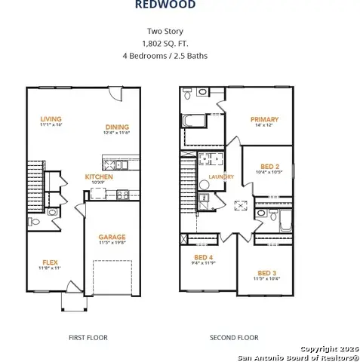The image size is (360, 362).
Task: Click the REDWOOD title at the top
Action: pos(165,5)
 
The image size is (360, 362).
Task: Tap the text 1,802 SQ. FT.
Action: pos(165,44)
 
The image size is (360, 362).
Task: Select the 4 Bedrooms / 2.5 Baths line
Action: pos(165,56)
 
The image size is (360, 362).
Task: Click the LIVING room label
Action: pos(51,119)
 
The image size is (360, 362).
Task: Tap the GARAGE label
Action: pos(112,238)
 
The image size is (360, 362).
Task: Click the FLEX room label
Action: pos(50,262)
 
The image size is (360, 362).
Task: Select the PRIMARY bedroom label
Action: pos(264,119)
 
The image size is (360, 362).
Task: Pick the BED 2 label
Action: pos(269,167)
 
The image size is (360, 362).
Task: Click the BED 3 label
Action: pos(267,273)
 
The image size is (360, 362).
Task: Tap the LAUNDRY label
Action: pos(221,177)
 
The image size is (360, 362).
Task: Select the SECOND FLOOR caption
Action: pos(235,338)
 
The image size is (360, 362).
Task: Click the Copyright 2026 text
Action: pos(328,348)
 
